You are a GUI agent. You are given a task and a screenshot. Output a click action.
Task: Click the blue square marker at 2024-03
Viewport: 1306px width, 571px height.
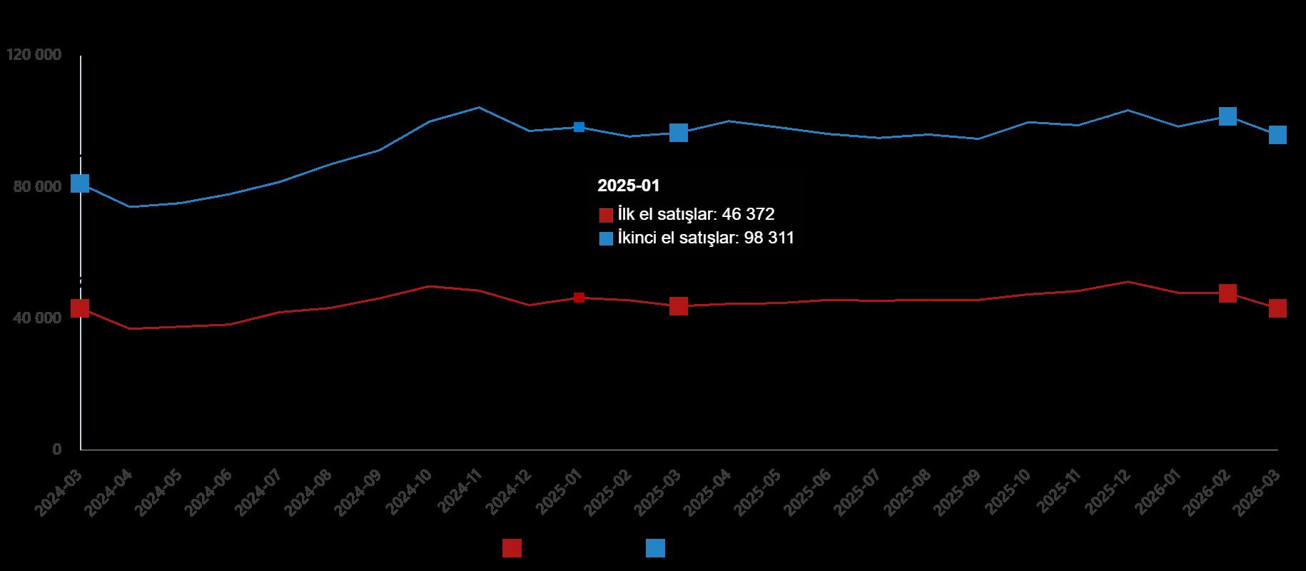[80, 183]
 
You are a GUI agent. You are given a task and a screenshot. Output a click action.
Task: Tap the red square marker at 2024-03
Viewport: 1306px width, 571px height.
[80, 308]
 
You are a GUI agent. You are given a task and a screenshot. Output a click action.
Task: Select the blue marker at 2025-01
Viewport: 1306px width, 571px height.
[579, 127]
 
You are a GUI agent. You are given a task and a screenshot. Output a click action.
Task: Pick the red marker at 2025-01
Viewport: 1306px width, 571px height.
[579, 298]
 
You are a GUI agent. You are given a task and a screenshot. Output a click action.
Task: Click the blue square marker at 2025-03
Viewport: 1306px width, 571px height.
[678, 133]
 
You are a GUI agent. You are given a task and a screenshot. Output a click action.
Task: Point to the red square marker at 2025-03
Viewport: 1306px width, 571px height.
[678, 306]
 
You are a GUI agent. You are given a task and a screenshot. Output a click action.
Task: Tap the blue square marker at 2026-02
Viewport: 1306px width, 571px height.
[1227, 116]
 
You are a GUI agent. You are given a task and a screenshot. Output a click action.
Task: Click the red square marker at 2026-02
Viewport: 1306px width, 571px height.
[1227, 293]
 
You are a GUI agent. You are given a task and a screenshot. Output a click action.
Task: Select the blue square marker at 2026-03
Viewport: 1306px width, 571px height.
[1277, 135]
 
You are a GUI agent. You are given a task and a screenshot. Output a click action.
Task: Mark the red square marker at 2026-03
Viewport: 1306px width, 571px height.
[1277, 308]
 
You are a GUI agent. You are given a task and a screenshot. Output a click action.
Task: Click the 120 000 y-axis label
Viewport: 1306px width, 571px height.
[33, 55]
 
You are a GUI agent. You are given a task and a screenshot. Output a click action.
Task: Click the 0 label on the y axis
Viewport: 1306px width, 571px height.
[56, 449]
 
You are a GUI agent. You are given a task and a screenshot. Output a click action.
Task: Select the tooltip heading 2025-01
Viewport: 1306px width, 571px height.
[629, 186]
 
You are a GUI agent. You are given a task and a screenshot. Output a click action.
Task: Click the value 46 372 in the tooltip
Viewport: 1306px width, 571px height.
[748, 214]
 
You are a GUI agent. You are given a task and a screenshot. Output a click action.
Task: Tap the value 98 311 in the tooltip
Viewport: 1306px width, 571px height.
[769, 238]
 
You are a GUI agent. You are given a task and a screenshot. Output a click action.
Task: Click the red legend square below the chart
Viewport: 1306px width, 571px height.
[512, 548]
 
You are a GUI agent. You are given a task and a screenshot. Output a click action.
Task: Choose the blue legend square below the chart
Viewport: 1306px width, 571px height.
[655, 548]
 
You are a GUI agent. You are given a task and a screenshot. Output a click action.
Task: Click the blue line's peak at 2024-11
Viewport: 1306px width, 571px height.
[479, 108]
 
